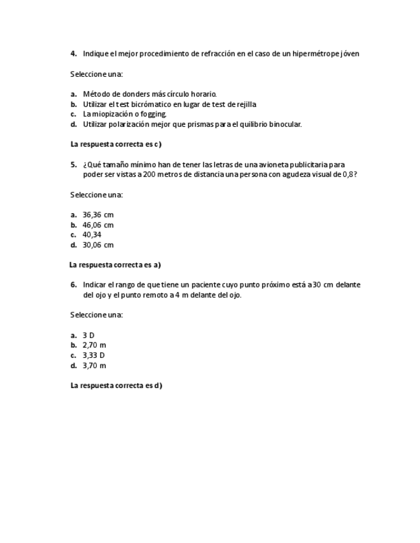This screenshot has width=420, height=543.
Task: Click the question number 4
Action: (x=74, y=54)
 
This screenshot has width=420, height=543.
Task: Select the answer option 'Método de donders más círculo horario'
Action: (x=149, y=94)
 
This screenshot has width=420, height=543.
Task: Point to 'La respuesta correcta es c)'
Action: (x=115, y=144)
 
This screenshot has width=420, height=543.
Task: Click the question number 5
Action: (x=74, y=165)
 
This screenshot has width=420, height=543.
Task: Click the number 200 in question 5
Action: (x=150, y=174)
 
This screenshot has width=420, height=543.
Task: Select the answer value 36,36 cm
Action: (x=97, y=215)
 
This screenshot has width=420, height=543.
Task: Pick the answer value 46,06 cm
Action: (x=97, y=225)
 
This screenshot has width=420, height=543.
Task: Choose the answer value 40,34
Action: (x=92, y=234)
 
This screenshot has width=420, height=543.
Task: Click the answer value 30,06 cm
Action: (x=97, y=245)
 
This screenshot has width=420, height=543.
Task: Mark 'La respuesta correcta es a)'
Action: (x=115, y=264)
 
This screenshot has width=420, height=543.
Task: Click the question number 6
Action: (x=74, y=285)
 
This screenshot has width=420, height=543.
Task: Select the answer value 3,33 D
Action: (x=94, y=355)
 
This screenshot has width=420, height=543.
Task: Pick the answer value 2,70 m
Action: (x=94, y=345)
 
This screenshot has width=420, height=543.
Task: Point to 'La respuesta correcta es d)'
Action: (x=116, y=385)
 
